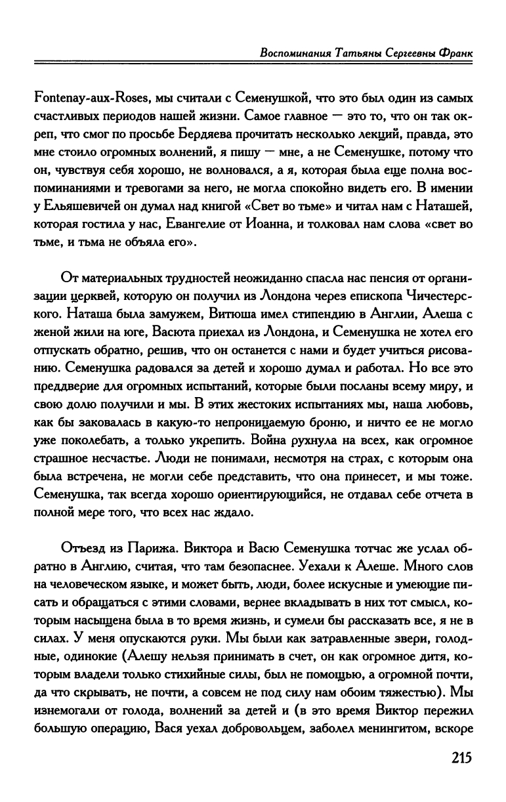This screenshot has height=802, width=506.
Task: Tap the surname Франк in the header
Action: click(454, 53)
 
